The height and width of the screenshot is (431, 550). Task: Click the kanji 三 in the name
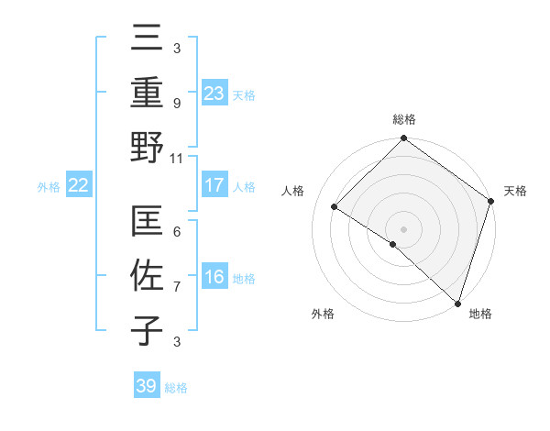click(148, 39)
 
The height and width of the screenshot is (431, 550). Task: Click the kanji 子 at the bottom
click(148, 331)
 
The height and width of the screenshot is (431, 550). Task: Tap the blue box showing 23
click(214, 93)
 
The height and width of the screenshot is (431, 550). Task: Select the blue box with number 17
click(214, 185)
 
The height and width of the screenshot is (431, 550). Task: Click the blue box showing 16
click(214, 278)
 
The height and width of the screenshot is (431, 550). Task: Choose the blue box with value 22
click(79, 186)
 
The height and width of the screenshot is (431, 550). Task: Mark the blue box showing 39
click(147, 386)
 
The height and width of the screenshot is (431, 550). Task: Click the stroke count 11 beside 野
click(177, 159)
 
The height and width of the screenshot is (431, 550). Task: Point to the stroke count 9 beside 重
click(177, 104)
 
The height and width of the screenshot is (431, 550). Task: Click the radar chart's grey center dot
click(403, 228)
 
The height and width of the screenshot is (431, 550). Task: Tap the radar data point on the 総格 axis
click(403, 139)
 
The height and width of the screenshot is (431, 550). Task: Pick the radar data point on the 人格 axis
click(335, 207)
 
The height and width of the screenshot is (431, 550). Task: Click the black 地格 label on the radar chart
click(480, 314)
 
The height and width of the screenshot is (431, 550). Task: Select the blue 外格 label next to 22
click(49, 187)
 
